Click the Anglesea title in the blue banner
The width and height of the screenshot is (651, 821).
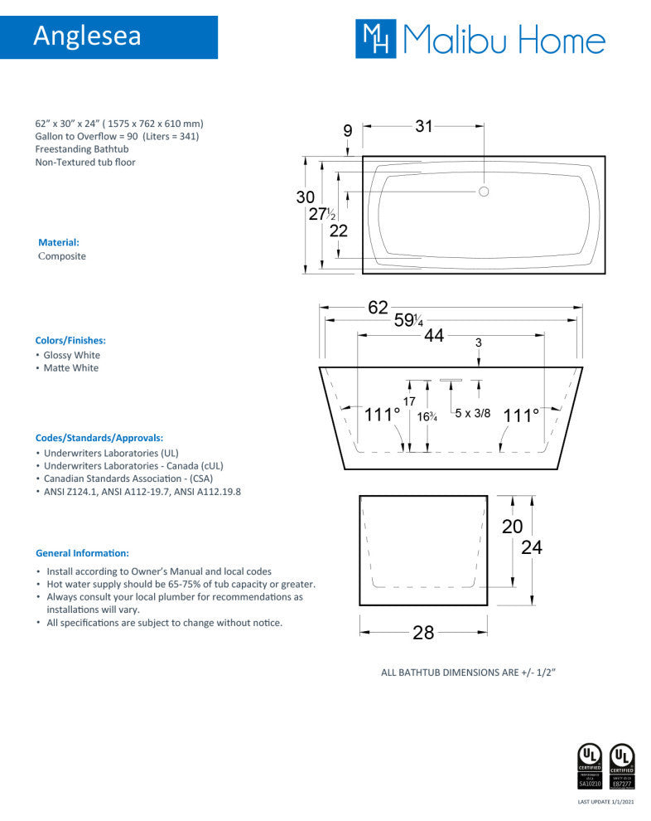point(88,36)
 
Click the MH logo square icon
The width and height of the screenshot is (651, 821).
point(377,38)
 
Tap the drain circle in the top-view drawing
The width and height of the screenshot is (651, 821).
point(484,192)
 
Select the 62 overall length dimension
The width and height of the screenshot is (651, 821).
point(378,308)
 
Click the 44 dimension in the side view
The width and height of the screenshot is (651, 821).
point(433,335)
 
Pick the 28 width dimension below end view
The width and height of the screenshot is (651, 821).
point(422,633)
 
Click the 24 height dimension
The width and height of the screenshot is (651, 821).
point(533,547)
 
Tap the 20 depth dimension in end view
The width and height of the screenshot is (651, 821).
point(513,526)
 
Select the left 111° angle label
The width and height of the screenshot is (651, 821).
point(382,415)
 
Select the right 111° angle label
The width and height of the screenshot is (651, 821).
point(521,415)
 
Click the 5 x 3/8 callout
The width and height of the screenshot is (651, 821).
point(473,412)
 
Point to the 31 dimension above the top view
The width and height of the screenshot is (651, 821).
point(424,127)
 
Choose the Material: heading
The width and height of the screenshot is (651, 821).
point(59,242)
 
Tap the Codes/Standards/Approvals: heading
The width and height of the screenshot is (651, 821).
point(99,437)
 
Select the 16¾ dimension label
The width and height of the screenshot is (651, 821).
point(427,417)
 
